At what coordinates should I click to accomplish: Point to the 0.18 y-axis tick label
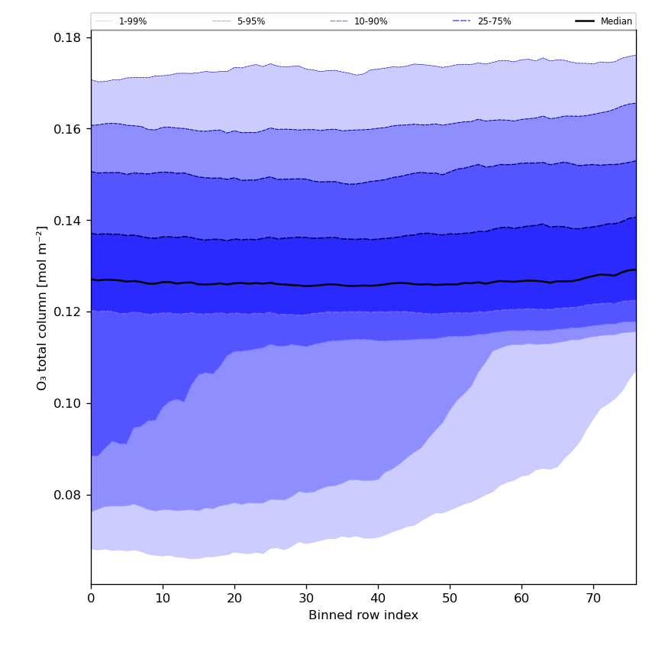click(x=69, y=37)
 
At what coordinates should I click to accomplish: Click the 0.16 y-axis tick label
click(x=69, y=129)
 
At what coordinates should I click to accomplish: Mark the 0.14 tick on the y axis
click(x=69, y=221)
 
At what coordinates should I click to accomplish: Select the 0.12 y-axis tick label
click(x=69, y=312)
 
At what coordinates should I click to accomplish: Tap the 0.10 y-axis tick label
click(x=69, y=403)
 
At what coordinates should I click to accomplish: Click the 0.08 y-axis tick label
click(x=69, y=495)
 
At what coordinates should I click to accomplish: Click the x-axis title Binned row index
click(x=363, y=615)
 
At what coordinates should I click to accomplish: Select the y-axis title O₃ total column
click(x=43, y=307)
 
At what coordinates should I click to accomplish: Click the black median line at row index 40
click(x=378, y=285)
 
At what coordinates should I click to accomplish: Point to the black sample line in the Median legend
click(x=586, y=21)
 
